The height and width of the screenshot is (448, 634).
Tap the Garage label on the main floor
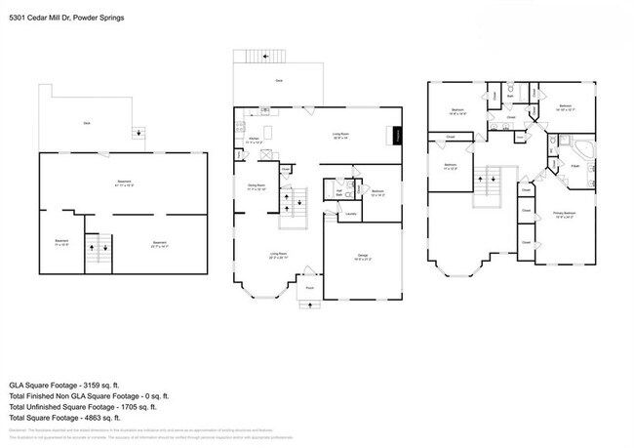click(361, 256)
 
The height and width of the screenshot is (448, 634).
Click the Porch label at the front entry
click(309, 288)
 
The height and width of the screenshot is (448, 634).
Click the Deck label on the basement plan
click(87, 123)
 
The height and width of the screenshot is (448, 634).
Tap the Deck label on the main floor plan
click(279, 80)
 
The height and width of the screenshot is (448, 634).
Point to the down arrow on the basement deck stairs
click(139, 134)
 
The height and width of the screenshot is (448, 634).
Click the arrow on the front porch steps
click(309, 304)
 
